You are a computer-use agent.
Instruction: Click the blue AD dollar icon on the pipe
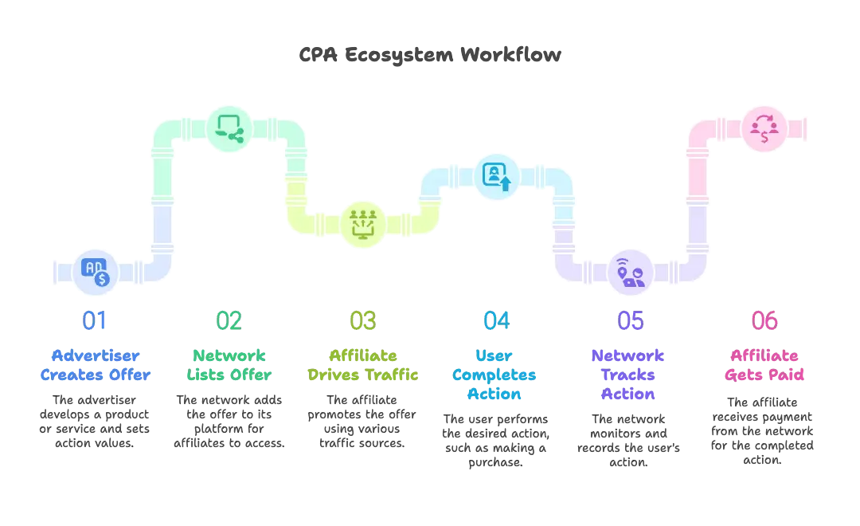[x=95, y=272]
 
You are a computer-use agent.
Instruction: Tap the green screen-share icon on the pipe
[x=229, y=128]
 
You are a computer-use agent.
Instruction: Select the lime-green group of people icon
[x=363, y=222]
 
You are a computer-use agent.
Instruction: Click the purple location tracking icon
[x=631, y=272]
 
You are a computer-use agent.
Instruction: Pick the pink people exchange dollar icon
[x=764, y=128]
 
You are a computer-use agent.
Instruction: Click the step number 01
[x=95, y=320]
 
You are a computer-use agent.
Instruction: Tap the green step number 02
[x=229, y=320]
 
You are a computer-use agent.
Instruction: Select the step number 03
[x=363, y=320]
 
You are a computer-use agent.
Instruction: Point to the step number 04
[x=497, y=320]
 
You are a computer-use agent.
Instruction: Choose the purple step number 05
[x=631, y=320]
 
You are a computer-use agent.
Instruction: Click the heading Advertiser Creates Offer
[x=95, y=364]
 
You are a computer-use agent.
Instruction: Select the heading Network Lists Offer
[x=229, y=364]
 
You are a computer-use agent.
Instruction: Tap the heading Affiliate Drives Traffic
[x=363, y=364]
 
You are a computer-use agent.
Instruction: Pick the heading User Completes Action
[x=497, y=374]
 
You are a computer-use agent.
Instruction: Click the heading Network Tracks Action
[x=631, y=374]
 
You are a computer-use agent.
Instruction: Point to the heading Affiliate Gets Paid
[x=764, y=364]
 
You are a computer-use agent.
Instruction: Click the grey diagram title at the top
[x=430, y=55]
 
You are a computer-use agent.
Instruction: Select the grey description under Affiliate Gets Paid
[x=763, y=430]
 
